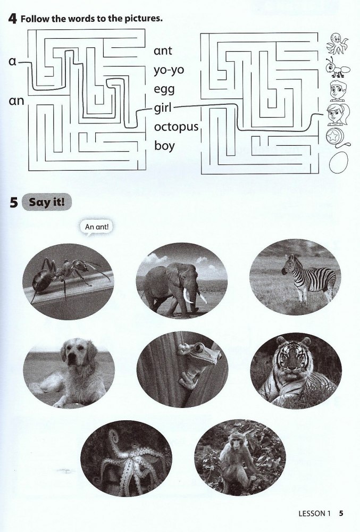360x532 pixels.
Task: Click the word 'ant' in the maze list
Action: (x=163, y=51)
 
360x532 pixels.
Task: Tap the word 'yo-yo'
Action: (x=169, y=70)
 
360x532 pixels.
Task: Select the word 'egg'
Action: (x=164, y=89)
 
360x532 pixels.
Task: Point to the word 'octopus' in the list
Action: (x=176, y=127)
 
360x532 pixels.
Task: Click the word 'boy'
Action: (x=164, y=146)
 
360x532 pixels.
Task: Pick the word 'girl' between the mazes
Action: (x=163, y=108)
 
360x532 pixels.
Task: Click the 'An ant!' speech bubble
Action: (x=97, y=227)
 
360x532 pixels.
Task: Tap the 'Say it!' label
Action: (x=46, y=202)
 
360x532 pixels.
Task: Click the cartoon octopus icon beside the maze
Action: (x=337, y=44)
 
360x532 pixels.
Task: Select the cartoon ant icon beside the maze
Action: (x=338, y=68)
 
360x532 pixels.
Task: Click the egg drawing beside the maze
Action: (x=338, y=162)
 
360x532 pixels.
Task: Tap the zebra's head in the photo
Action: (x=288, y=264)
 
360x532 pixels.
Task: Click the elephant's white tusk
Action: (x=187, y=295)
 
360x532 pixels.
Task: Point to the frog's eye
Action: (x=199, y=348)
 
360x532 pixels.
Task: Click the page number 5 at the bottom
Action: (x=341, y=513)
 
